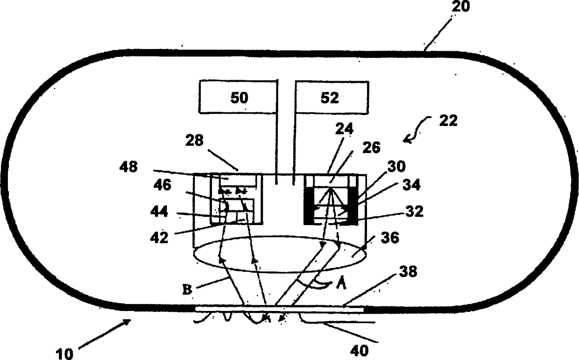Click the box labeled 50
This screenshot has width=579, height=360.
pyautogui.click(x=239, y=97)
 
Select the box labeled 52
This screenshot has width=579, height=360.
pyautogui.click(x=329, y=97)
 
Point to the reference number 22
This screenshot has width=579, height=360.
pyautogui.click(x=448, y=120)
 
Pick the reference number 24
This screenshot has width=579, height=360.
pyautogui.click(x=345, y=128)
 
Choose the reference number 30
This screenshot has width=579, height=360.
pyautogui.click(x=395, y=167)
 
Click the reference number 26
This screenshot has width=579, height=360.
pyautogui.click(x=370, y=147)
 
